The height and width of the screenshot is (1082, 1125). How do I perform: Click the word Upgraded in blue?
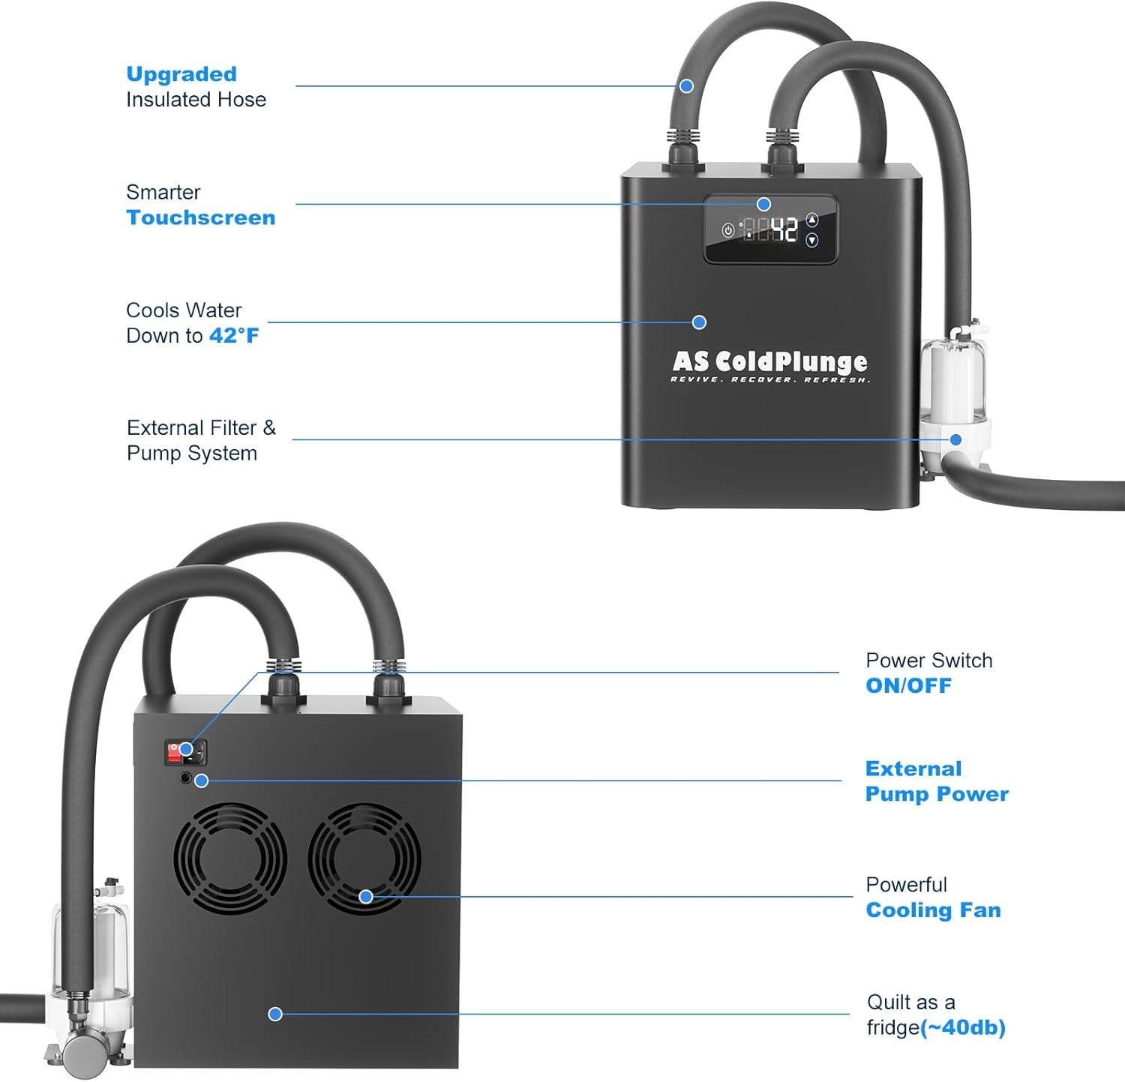pyautogui.click(x=181, y=74)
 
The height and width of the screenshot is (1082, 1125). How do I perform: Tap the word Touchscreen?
pyautogui.click(x=201, y=217)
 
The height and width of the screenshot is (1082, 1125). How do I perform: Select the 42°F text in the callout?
pyautogui.click(x=234, y=335)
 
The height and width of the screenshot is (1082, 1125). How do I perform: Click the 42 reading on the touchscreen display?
pyautogui.click(x=784, y=229)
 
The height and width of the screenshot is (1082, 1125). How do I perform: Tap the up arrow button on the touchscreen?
pyautogui.click(x=811, y=220)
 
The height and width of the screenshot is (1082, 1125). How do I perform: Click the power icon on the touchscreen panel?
pyautogui.click(x=727, y=230)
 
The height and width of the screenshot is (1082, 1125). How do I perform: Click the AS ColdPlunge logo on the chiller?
pyautogui.click(x=769, y=363)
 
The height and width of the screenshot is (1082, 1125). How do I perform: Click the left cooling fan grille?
pyautogui.click(x=229, y=858)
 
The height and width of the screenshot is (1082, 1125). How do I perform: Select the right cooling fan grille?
pyautogui.click(x=364, y=859)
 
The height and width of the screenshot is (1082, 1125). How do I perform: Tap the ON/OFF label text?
pyautogui.click(x=908, y=685)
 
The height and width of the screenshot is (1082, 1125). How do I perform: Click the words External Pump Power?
pyautogui.click(x=936, y=781)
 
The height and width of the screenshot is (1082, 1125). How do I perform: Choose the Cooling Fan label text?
pyautogui.click(x=933, y=910)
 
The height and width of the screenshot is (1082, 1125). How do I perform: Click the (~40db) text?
pyautogui.click(x=963, y=1027)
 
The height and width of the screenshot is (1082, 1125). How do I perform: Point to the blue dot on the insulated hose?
pyautogui.click(x=686, y=86)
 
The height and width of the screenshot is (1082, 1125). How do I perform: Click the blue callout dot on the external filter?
pyautogui.click(x=955, y=439)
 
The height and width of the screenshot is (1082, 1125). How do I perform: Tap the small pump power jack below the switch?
pyautogui.click(x=186, y=778)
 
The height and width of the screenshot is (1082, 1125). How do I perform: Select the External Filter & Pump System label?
pyautogui.click(x=201, y=440)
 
